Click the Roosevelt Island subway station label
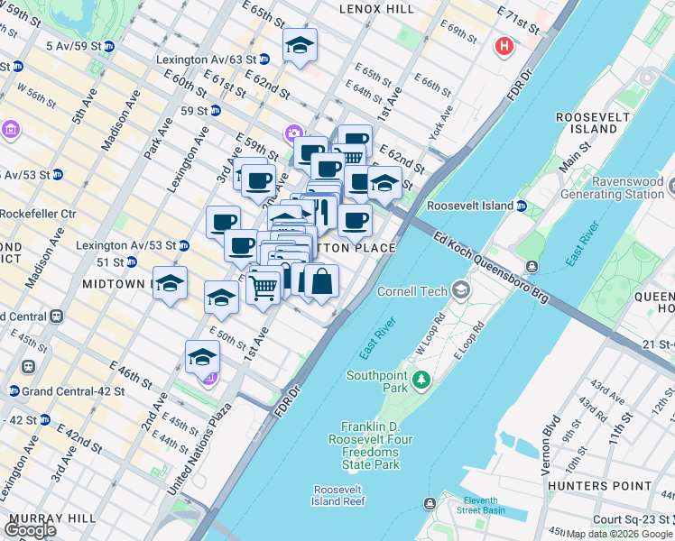tap(470, 206)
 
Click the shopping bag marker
tap(321, 281)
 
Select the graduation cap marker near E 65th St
tap(300, 45)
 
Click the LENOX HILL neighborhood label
tap(376, 8)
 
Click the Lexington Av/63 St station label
tap(206, 60)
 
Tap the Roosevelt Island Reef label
tap(338, 494)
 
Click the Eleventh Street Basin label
tap(492, 505)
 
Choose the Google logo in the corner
tap(31, 529)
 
